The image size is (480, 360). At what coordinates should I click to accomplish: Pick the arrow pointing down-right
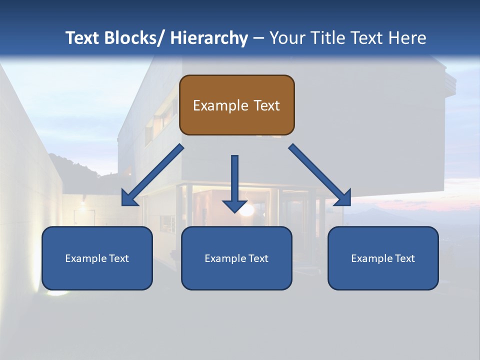click(320, 175)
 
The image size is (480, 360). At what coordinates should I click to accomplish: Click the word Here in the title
click(406, 38)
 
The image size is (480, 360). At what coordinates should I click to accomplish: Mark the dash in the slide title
click(258, 38)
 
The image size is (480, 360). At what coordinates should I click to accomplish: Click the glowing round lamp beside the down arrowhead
click(246, 210)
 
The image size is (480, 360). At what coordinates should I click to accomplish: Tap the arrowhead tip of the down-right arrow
click(349, 204)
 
